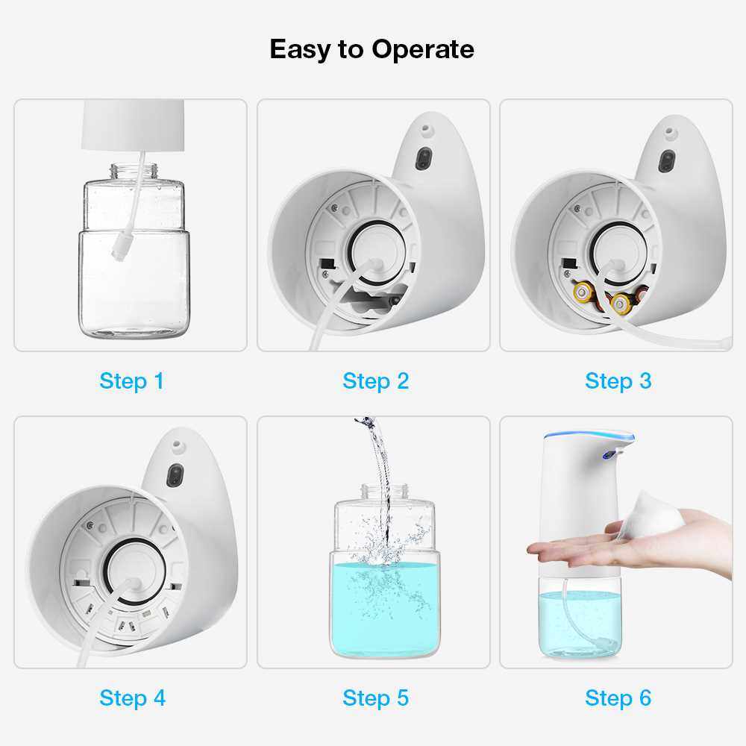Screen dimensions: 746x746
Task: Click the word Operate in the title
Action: (x=423, y=49)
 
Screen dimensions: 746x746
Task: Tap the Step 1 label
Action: (x=132, y=381)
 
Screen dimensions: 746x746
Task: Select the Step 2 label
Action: (x=375, y=381)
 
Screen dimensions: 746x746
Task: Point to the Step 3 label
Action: (x=618, y=381)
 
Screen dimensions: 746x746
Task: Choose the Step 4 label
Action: (x=132, y=698)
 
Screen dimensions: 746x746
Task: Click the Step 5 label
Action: (x=375, y=698)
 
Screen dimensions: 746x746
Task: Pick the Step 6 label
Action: (x=618, y=698)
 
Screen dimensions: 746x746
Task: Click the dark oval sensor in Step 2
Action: (x=424, y=159)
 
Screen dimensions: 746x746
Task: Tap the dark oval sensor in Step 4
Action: (x=175, y=475)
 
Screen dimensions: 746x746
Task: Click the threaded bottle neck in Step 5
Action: (x=385, y=492)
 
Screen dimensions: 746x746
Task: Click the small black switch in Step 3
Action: (x=569, y=263)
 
